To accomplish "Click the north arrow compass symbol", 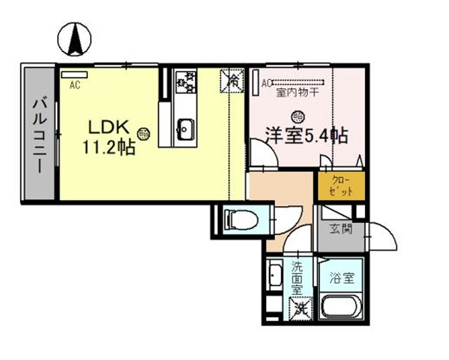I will point(74,39).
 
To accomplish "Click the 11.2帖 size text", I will point(109,147).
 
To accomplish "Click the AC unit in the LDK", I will point(75,75).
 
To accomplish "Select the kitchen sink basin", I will point(185,128).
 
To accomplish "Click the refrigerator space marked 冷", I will point(233,80).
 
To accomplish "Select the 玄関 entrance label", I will point(339,230).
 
